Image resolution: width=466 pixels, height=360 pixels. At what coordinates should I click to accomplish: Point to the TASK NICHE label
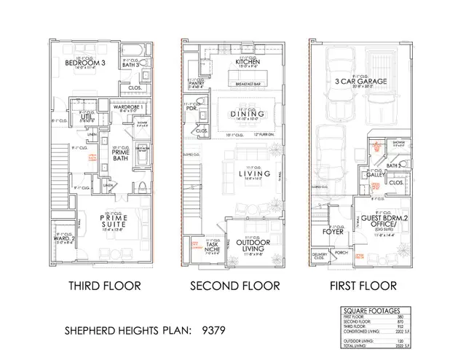click(x=212, y=248)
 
